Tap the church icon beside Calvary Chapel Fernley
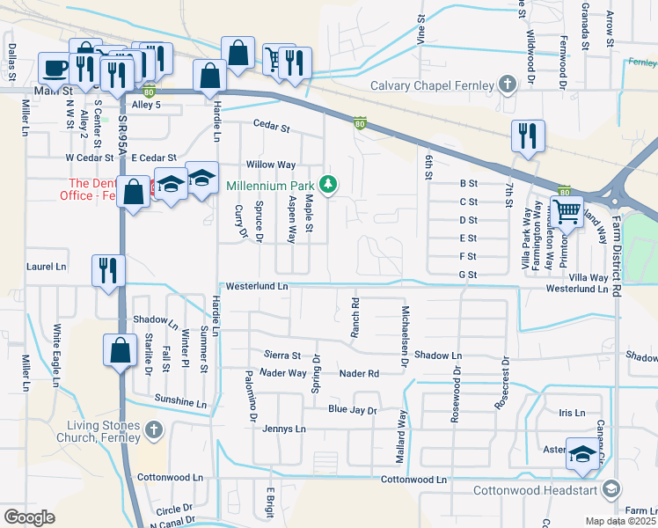tap(507, 85)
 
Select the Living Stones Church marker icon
tap(154, 430)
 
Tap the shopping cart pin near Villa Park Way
tap(567, 211)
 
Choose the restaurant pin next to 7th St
tap(528, 136)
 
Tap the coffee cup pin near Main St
tap(55, 69)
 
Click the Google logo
tap(29, 517)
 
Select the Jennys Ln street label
tap(284, 429)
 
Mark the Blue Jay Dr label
tap(352, 410)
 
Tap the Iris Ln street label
tap(571, 413)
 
